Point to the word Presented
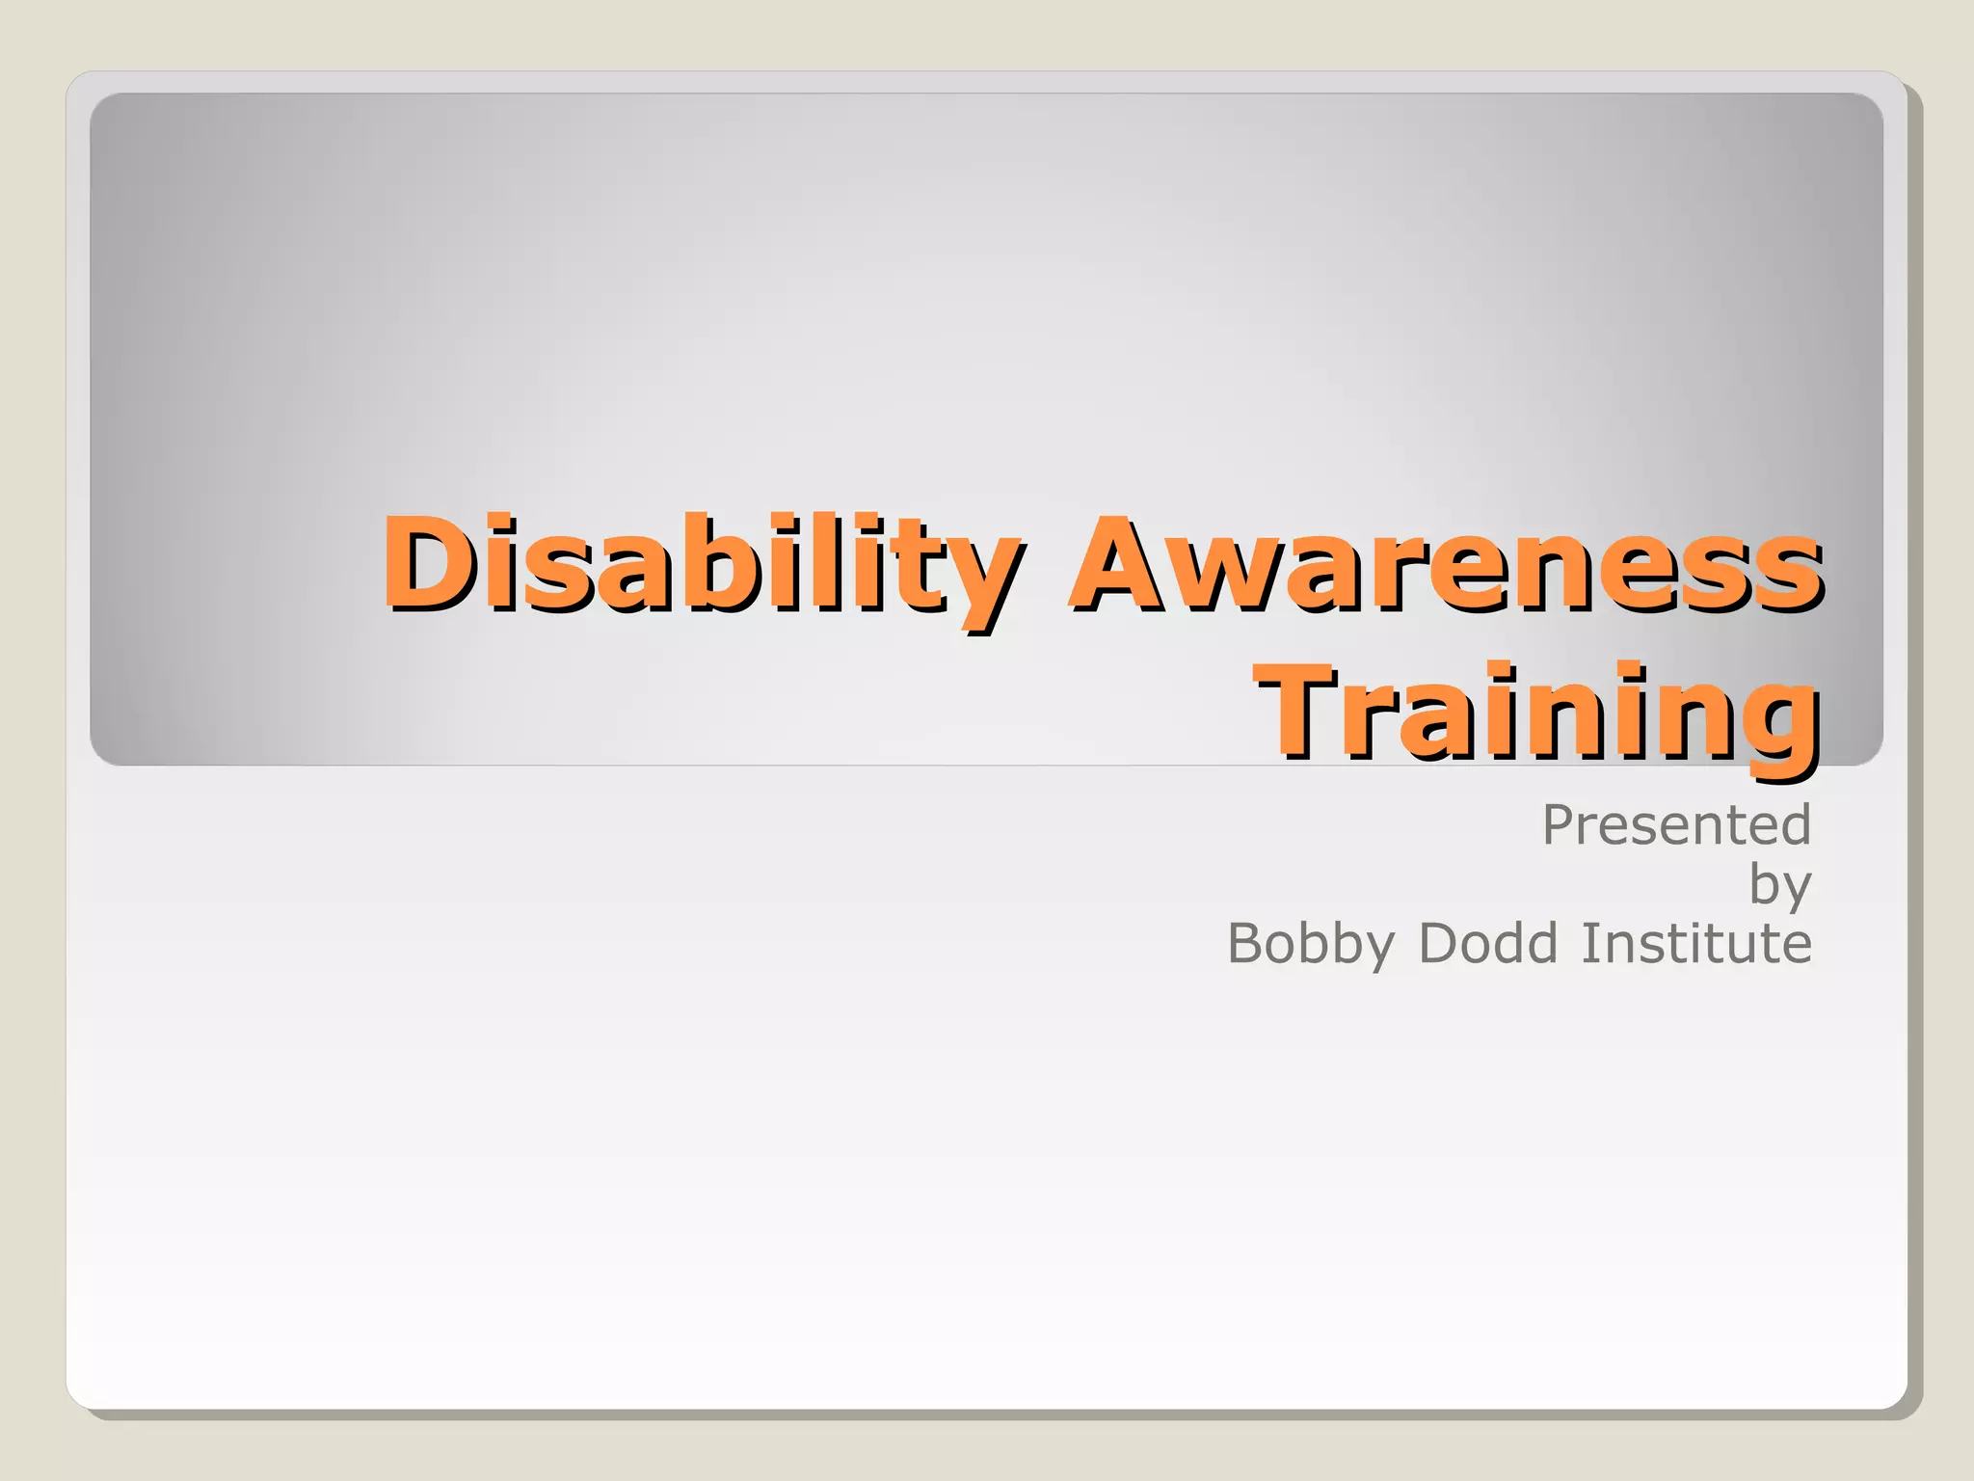pos(1676,825)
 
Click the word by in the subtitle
pos(1780,885)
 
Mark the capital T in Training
pos(1296,711)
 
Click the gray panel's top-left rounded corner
pos(102,105)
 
